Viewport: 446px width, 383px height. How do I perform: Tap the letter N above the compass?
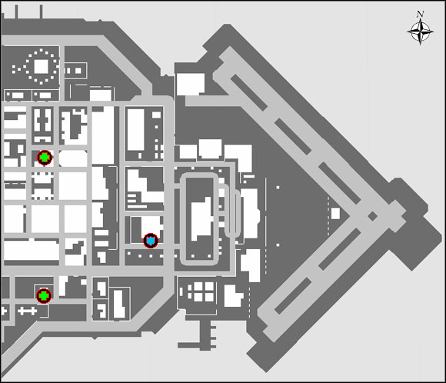420,14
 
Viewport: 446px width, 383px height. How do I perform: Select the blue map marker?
151,241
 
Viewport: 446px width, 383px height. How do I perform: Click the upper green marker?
45,158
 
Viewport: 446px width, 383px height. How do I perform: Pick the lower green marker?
44,295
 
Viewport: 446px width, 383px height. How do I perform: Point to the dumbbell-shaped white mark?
27,310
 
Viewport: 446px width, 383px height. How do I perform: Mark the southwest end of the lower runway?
265,315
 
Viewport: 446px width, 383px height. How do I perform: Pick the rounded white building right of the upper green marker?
72,158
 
